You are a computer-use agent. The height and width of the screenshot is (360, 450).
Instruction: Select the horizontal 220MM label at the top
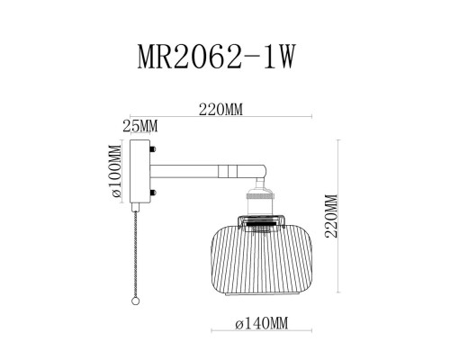(220, 109)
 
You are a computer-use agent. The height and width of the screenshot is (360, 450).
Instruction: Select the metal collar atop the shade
(259, 220)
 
